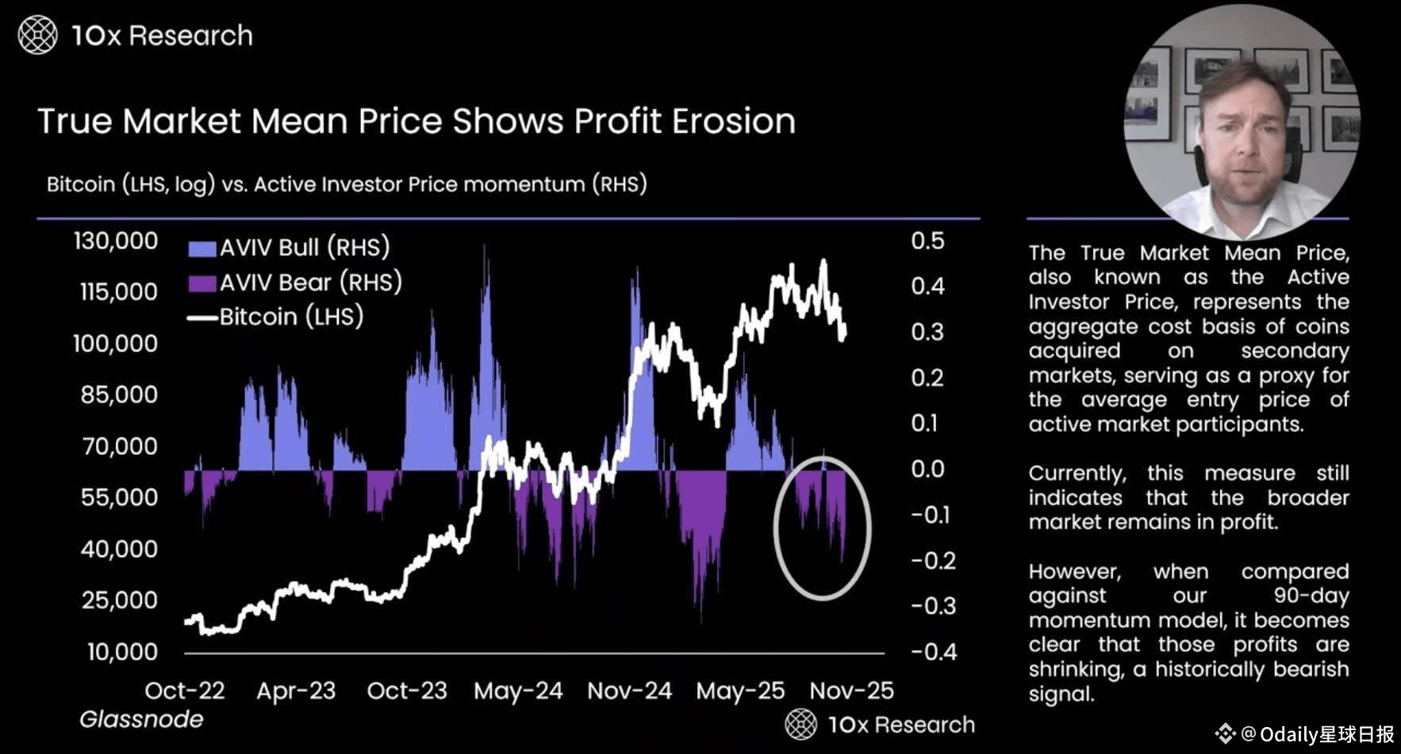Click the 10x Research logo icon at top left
(37, 36)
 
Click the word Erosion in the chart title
(734, 121)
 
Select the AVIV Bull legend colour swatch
(202, 248)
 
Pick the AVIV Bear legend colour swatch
(202, 283)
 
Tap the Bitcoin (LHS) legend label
(291, 317)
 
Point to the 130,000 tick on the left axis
(116, 241)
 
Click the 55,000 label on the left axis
(119, 498)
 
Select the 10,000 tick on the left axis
(122, 652)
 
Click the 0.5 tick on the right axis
(927, 241)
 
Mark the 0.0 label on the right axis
(927, 469)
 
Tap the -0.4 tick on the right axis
(934, 652)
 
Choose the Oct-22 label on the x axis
(185, 691)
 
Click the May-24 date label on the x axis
(518, 691)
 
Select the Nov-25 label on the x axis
(852, 691)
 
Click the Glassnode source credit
(141, 719)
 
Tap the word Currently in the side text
(1077, 474)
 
